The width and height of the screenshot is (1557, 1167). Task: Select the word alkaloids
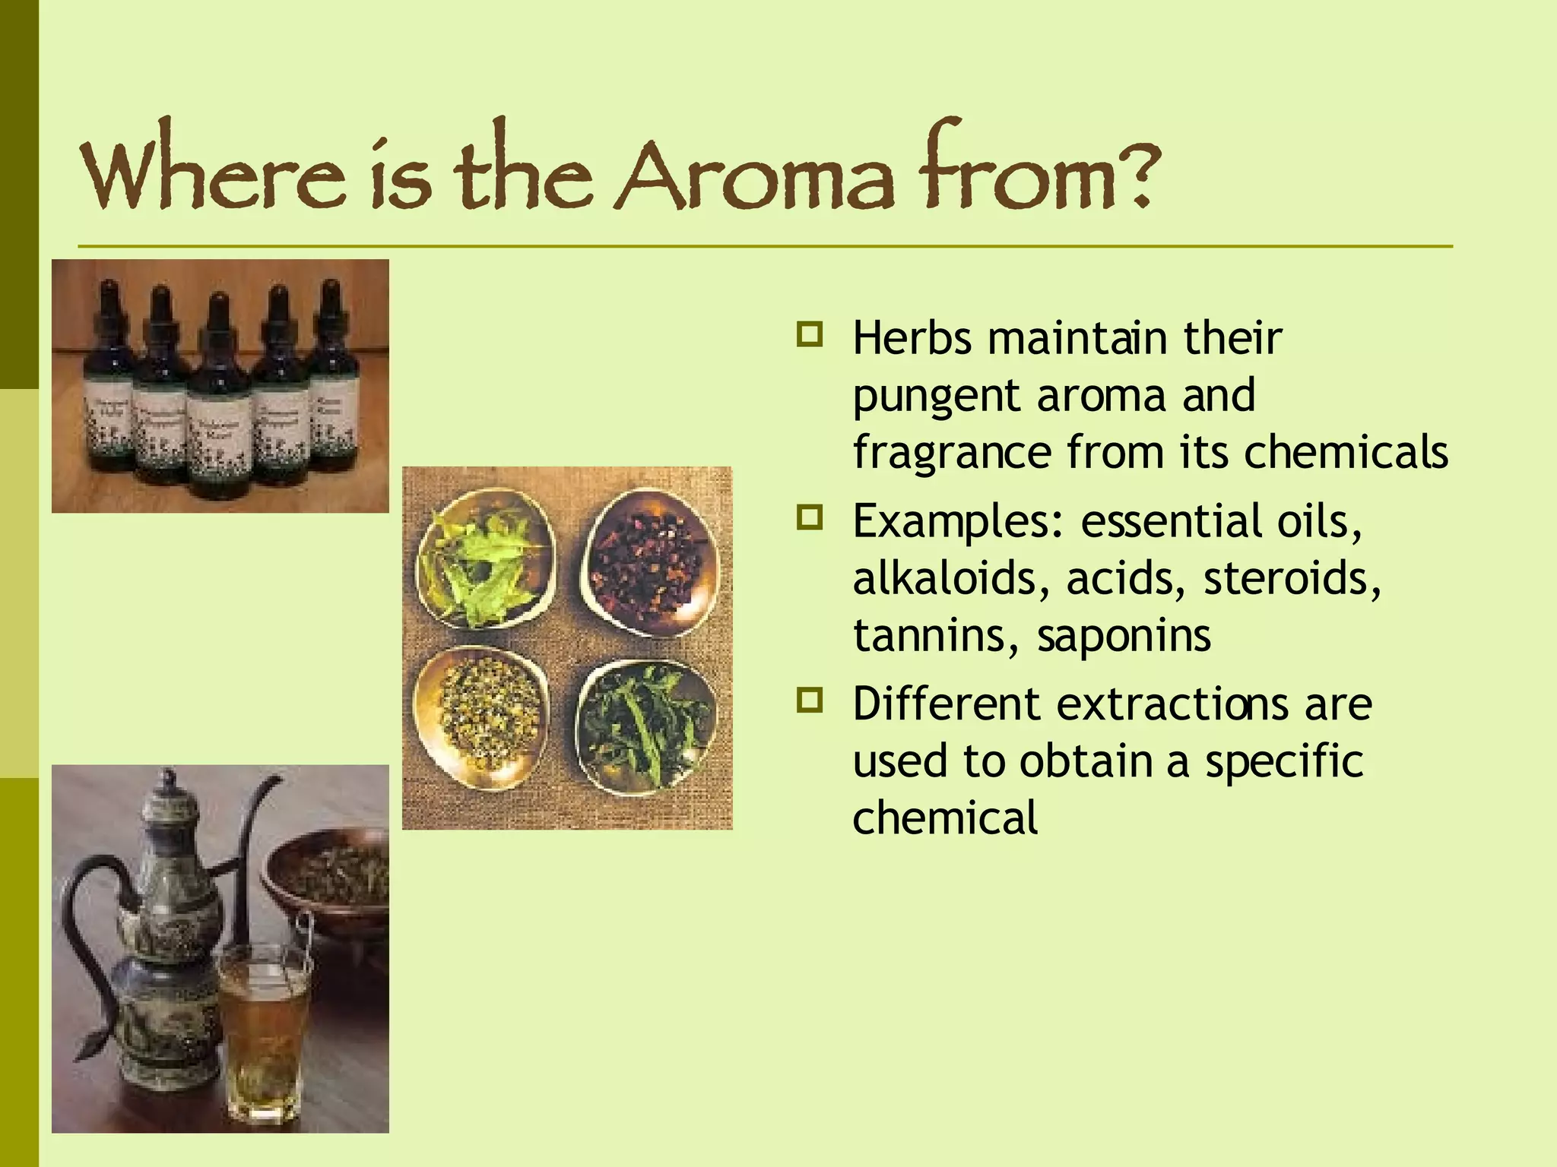[x=950, y=579]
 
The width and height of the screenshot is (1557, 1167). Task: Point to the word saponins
[x=1124, y=637]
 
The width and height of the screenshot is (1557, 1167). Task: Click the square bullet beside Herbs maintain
[x=810, y=334]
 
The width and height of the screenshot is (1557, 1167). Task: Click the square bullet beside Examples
[x=810, y=518]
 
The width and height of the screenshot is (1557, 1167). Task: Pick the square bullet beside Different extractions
[x=810, y=700]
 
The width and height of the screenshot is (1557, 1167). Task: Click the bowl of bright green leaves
[x=485, y=558]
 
